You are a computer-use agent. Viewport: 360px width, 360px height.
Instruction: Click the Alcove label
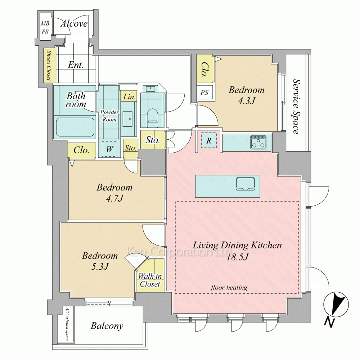(x=74, y=24)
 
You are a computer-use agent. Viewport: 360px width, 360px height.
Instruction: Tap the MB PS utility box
(x=45, y=27)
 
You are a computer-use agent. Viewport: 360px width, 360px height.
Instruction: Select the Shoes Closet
(x=50, y=66)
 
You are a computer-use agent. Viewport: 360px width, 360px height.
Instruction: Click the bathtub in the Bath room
(x=75, y=127)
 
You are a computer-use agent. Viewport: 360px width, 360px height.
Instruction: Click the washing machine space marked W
(x=109, y=149)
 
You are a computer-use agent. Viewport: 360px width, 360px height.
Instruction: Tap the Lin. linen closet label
(x=129, y=96)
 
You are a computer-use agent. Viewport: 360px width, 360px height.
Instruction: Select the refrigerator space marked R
(x=209, y=140)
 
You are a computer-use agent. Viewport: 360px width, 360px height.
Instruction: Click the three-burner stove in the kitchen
(x=258, y=142)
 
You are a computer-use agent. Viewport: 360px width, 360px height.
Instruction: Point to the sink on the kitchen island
(x=246, y=184)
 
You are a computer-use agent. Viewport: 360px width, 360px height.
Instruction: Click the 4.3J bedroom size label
(x=247, y=101)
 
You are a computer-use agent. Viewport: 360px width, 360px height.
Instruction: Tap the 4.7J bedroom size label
(x=114, y=198)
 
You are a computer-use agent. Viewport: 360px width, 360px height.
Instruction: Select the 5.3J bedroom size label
(x=100, y=266)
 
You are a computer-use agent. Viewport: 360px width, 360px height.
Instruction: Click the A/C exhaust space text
(x=67, y=324)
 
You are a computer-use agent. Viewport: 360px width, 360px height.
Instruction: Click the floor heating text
(x=229, y=287)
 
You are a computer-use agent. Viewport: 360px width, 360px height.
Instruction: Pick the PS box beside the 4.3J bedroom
(x=204, y=92)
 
